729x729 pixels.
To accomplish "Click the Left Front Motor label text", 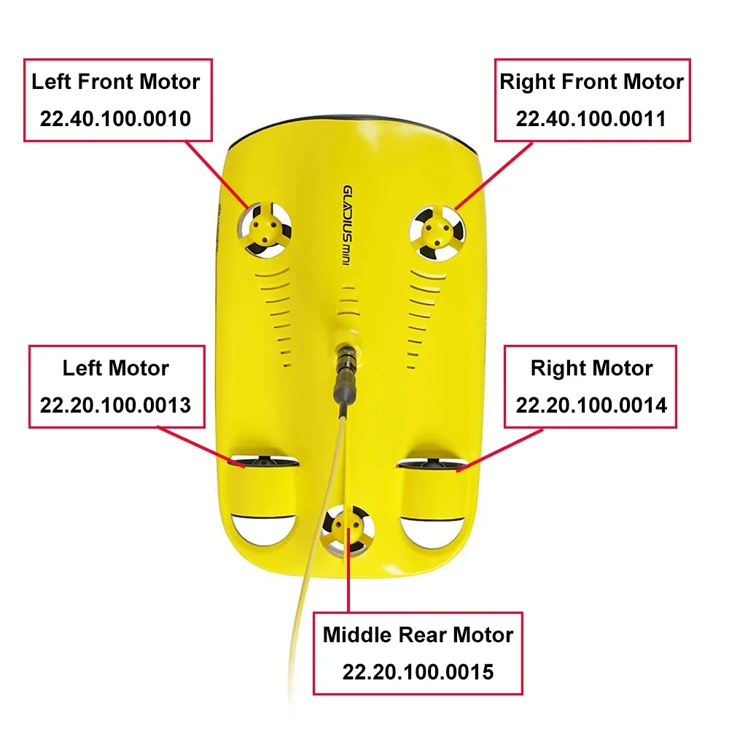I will pyautogui.click(x=115, y=82).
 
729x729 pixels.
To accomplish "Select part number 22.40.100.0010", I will pyautogui.click(x=115, y=118).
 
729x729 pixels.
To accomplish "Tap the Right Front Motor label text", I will pyautogui.click(x=591, y=82).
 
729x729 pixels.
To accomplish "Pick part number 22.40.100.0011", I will pyautogui.click(x=591, y=118).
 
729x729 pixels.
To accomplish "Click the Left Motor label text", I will pyautogui.click(x=115, y=367).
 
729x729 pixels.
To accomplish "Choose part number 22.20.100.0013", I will pyautogui.click(x=115, y=405).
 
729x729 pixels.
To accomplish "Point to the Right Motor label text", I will pyautogui.click(x=591, y=367).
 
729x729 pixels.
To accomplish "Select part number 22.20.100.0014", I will pyautogui.click(x=591, y=405).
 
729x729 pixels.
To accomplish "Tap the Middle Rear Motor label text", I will pyautogui.click(x=418, y=634).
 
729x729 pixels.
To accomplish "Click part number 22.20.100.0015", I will pyautogui.click(x=418, y=671).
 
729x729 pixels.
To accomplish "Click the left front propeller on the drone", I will pyautogui.click(x=263, y=230).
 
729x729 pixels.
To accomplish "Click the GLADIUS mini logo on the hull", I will pyautogui.click(x=351, y=226).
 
